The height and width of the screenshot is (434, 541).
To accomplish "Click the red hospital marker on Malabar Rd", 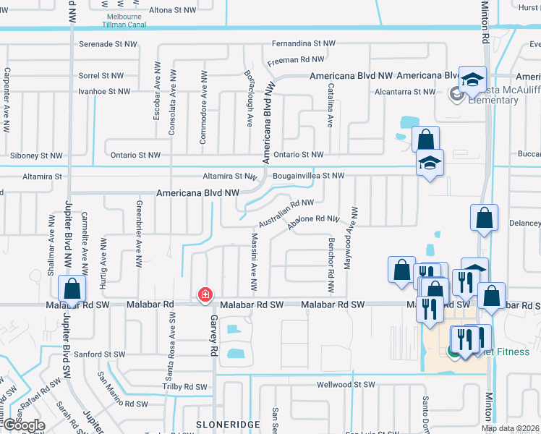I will [205, 294].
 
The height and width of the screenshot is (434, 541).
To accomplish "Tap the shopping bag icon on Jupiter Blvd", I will [72, 289].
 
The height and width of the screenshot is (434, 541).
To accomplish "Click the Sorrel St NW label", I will [101, 75].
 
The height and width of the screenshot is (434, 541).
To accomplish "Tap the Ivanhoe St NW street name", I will [104, 92].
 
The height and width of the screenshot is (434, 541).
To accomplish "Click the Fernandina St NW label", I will [304, 43].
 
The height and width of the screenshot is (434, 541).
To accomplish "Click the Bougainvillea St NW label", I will [309, 175].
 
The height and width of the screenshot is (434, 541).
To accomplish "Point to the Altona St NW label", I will [172, 10].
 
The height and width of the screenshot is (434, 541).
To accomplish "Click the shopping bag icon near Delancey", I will [484, 218].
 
